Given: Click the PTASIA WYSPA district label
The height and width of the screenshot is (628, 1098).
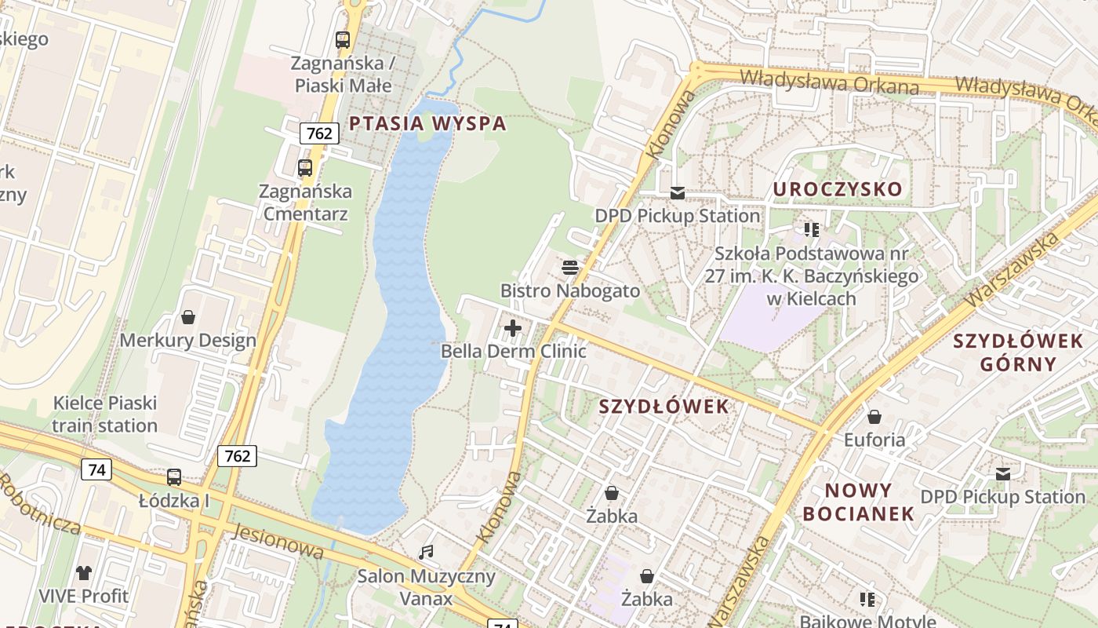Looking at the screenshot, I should coord(427,123).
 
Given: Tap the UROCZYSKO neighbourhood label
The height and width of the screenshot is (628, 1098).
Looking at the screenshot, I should coord(838,189).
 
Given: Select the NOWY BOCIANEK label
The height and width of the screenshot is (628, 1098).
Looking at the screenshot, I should coord(869,502).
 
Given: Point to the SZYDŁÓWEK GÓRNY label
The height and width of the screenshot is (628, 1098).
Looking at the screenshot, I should coord(1018,352).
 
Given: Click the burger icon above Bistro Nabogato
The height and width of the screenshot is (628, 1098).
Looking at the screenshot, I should coord(570,268).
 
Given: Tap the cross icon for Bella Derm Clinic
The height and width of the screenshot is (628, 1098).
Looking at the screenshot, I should coord(513,328).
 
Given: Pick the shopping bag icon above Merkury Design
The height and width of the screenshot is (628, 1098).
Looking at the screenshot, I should coord(188,317).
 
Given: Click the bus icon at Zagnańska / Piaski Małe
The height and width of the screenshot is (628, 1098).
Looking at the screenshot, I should coord(343,39).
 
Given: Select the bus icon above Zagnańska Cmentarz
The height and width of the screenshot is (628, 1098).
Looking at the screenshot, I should coord(305,168).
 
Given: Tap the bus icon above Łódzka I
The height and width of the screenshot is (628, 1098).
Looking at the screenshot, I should coord(174,477).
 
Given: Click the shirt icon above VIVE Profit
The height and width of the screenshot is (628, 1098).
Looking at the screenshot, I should coord(84,573).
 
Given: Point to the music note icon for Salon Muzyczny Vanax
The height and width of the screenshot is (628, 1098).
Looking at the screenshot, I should coord(426,553).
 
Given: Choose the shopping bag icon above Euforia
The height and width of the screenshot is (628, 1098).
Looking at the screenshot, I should coord(874,417).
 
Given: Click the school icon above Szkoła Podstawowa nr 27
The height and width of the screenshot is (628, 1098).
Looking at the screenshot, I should coord(812,230).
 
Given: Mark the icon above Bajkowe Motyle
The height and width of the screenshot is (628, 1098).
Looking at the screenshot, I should coord(867,600).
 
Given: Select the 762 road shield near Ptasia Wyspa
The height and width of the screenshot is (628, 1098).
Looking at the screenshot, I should coord(319,133).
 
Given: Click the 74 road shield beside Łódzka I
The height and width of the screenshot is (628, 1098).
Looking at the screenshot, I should coord(96,470).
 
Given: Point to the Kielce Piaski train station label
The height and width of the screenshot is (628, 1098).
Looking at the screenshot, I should coord(105,414).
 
